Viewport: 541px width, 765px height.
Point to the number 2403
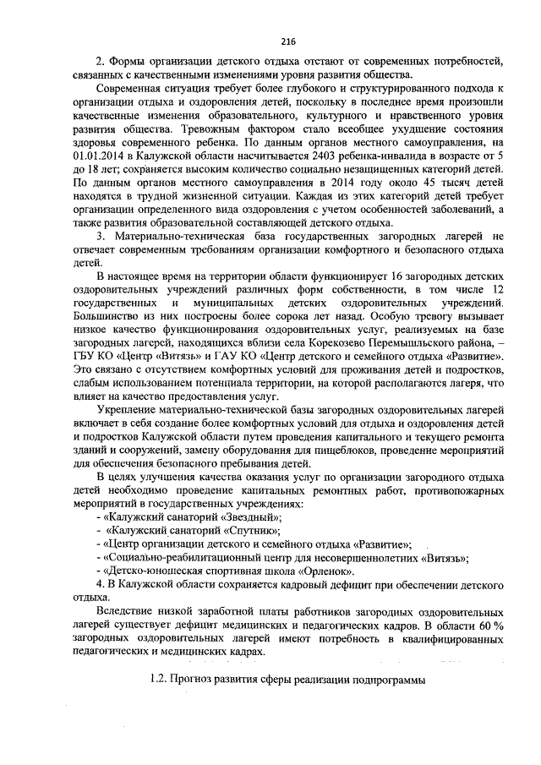coord(299,157)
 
